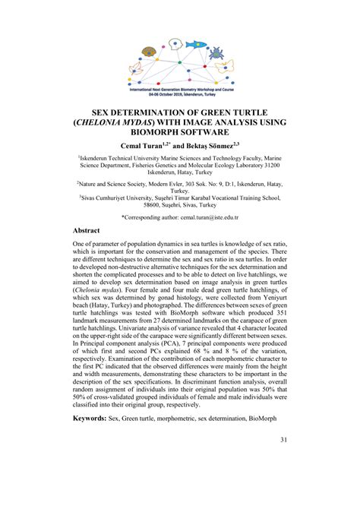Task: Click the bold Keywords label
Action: coord(88,418)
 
